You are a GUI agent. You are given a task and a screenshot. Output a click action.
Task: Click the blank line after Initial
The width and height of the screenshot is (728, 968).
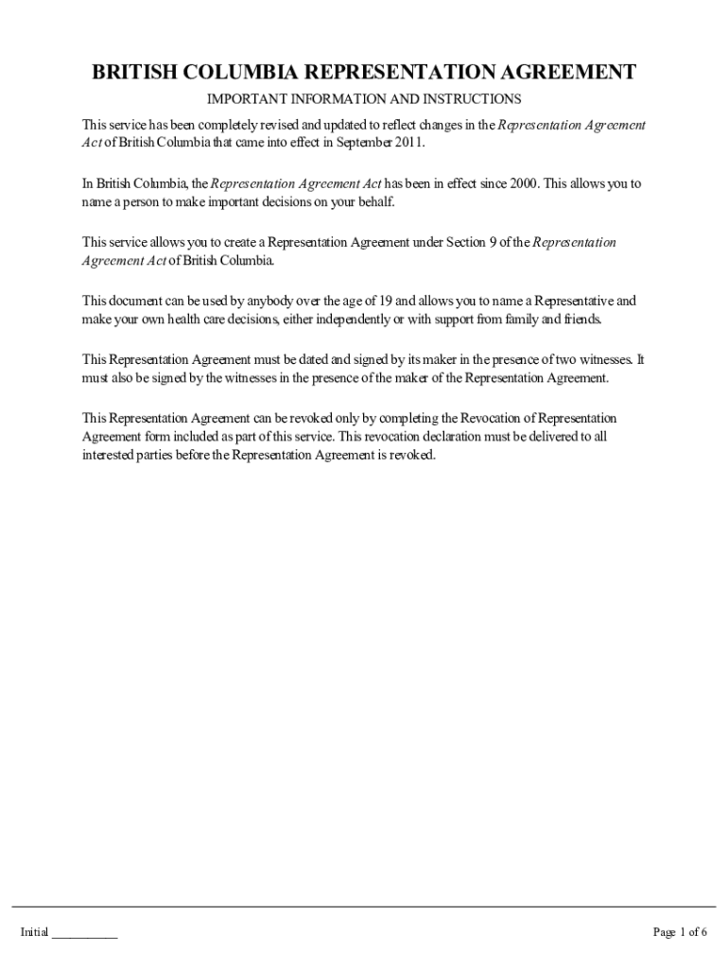84,933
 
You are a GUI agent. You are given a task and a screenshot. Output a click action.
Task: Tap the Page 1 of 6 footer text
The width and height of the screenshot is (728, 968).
680,933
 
